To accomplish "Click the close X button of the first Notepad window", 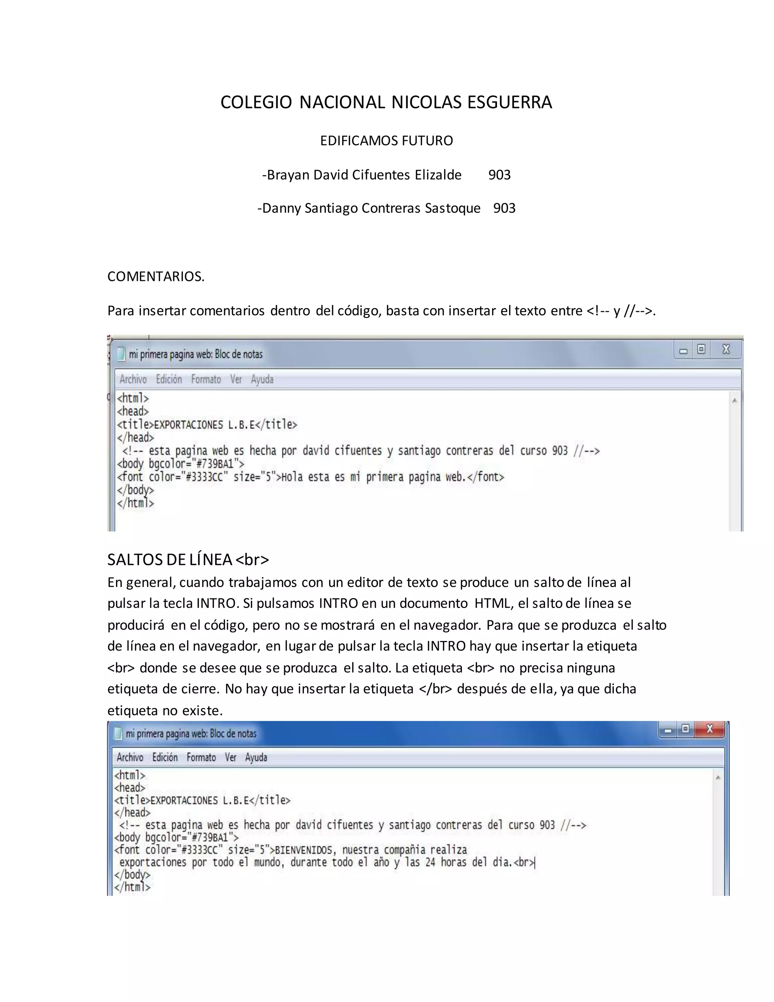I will click(x=726, y=350).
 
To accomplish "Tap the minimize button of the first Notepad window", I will click(x=683, y=351).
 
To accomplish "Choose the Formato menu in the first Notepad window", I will click(x=206, y=379).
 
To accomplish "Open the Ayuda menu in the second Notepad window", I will click(x=256, y=757).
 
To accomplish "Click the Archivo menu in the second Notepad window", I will click(x=130, y=757).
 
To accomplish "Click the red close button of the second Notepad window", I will click(x=709, y=729).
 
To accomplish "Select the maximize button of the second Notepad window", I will click(x=685, y=729).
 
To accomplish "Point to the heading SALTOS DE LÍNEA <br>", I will click(x=188, y=560).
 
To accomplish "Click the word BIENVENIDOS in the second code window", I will click(x=303, y=850).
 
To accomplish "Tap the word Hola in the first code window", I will click(x=292, y=477).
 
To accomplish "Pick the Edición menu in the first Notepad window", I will click(x=169, y=379).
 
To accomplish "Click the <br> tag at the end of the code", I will click(x=524, y=863).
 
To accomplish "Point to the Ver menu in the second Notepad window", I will click(x=230, y=757).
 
